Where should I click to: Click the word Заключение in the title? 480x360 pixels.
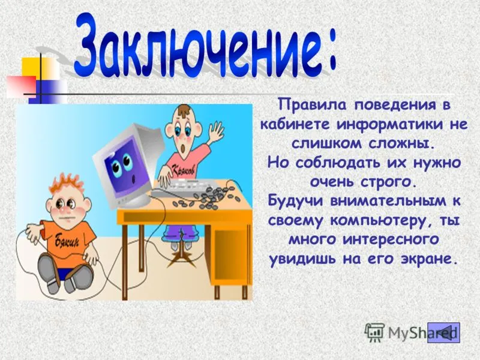[x=196, y=46]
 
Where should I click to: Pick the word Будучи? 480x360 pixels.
[x=296, y=202]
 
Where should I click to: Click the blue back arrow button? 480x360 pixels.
[x=443, y=332]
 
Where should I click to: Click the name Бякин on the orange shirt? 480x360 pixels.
[x=67, y=242]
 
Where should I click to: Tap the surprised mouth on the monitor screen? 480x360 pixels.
[x=133, y=179]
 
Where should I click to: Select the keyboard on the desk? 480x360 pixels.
[x=193, y=186]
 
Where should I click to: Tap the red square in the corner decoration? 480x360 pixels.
[x=21, y=86]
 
